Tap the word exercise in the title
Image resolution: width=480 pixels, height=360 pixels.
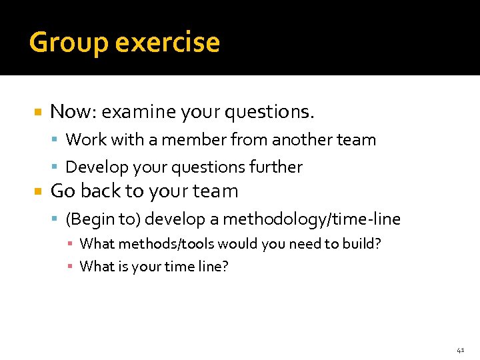coord(167,43)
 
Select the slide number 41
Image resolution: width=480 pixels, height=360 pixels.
coord(461,349)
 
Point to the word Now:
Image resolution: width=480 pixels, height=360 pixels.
coord(70,112)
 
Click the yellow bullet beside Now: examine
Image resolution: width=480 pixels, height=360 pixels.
coord(38,112)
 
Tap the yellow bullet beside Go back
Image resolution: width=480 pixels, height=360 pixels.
coord(38,191)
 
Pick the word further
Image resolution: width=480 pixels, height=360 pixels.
coord(280,167)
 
